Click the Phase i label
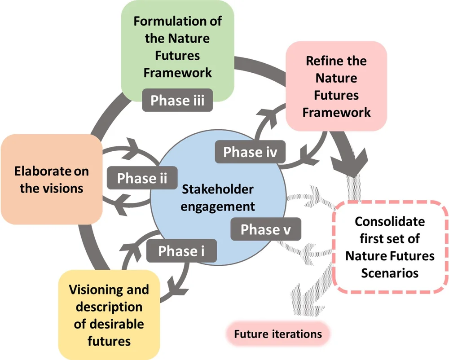click(181, 251)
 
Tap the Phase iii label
click(177, 100)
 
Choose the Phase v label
click(265, 229)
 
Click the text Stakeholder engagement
click(218, 198)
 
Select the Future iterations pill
click(278, 334)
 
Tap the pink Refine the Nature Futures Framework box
click(336, 86)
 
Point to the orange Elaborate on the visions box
click(51, 179)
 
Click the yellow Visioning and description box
click(109, 315)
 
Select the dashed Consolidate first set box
click(389, 247)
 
